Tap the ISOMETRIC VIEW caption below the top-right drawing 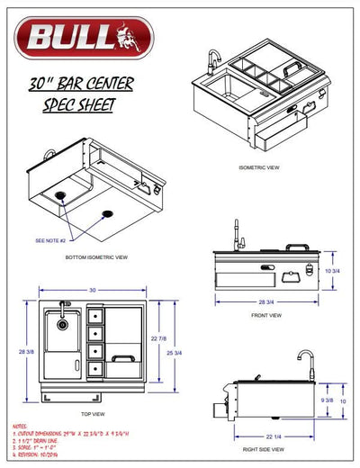tap(261, 168)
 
